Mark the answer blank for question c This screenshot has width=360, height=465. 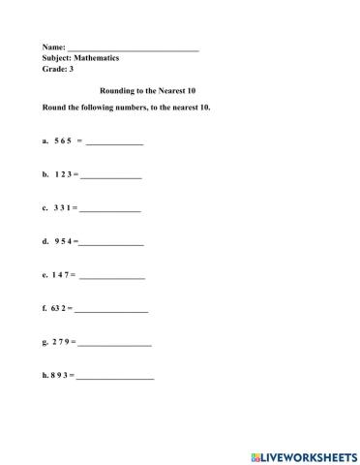click(x=110, y=209)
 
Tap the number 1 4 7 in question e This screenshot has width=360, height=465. click(x=62, y=275)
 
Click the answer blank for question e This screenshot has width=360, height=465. click(x=112, y=277)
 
